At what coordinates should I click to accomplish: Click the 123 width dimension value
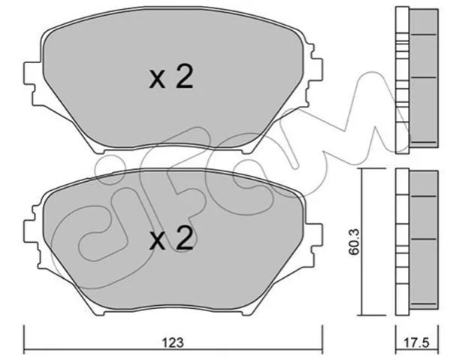pos(173,343)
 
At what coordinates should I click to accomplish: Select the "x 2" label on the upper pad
pos(171,77)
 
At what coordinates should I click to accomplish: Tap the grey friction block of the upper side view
pos(424,78)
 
